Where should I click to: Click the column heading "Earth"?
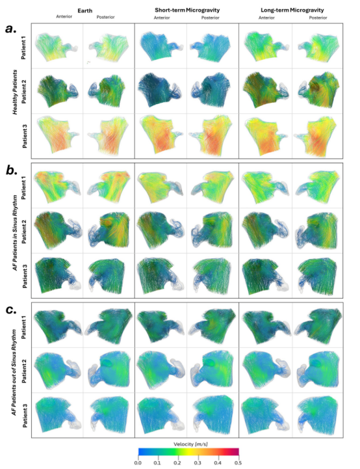coord(85,10)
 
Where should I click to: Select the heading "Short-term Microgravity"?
coord(187,10)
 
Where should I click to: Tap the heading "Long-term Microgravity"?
coord(292,10)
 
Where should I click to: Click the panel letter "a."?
coord(11,29)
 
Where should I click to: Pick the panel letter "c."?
coord(11,310)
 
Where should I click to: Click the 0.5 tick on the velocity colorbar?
coord(238,463)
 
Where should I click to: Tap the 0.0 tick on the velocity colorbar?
coord(138,463)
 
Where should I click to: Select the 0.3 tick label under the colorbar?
coord(198,463)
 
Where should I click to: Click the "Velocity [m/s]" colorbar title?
coord(190,444)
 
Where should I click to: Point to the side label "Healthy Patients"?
coord(15,92)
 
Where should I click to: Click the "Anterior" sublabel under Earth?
coord(64,16)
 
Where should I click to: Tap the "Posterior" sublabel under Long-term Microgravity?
coord(318,18)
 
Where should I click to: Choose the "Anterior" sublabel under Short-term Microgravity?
coord(162,18)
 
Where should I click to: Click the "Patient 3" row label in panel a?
coord(25,136)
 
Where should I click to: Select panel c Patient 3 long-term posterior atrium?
coord(318,416)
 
